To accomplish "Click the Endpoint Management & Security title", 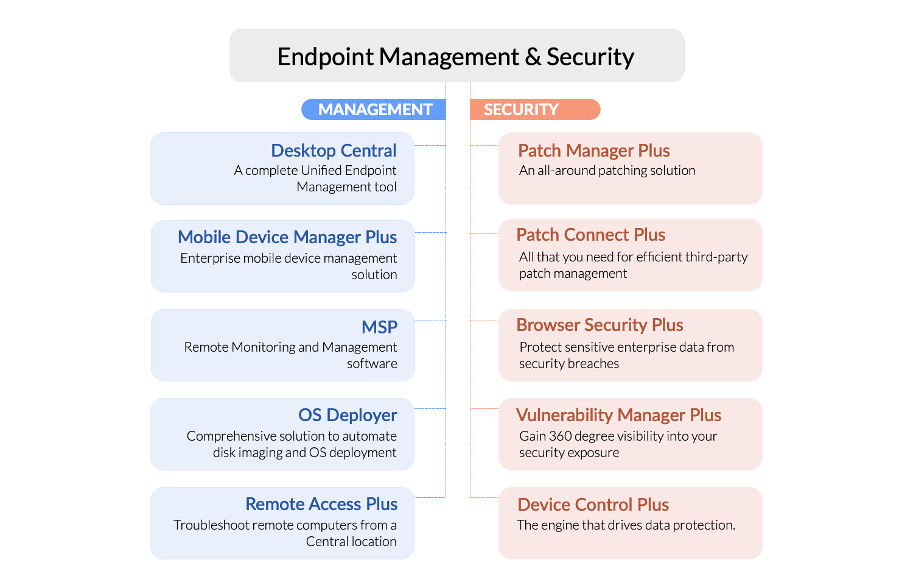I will coord(456,57).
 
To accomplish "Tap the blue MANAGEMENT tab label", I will coord(375,110).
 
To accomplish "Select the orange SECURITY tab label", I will coord(521,110).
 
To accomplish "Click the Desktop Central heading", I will coord(334,151).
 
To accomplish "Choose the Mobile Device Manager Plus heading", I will coord(287,237).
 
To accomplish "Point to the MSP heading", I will coord(379,327).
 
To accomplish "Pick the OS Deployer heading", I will coord(348,415).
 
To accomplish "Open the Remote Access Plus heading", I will coord(321,504).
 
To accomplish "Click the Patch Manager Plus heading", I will coord(593,151).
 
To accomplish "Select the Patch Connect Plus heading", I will coord(590,235).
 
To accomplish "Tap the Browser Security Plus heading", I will coord(600,325).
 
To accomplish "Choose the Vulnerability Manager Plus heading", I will coord(618,415).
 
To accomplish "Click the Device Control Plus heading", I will coord(593,505).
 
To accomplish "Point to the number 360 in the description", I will coord(560,436).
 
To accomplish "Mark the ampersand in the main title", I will coord(533,57).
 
